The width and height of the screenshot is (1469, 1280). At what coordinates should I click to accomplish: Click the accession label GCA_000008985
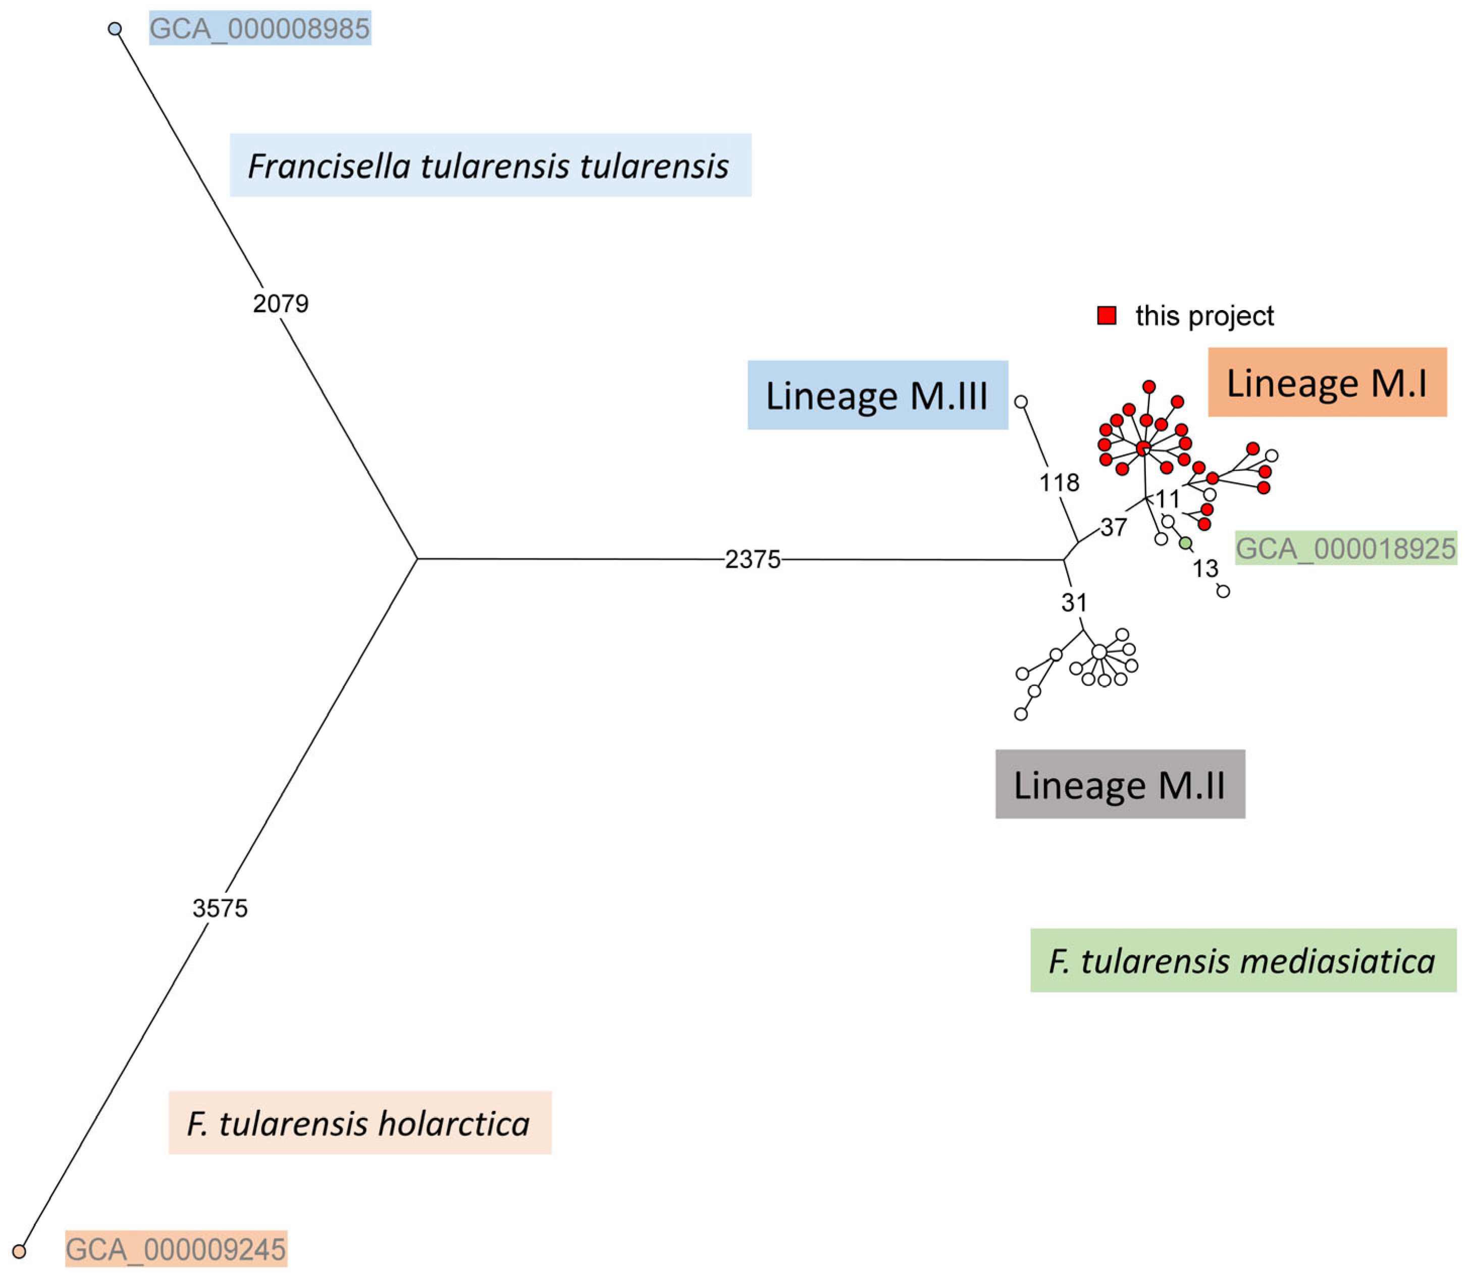coord(260,29)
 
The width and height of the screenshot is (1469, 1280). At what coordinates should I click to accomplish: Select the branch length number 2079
coord(281,303)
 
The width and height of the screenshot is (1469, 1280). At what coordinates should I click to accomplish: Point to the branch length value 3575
coord(220,908)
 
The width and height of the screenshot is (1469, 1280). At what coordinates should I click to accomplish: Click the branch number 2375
coord(753,559)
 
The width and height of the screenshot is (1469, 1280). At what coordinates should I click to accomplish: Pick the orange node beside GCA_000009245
coord(19,1251)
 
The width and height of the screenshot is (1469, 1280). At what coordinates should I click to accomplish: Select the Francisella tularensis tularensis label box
coord(490,166)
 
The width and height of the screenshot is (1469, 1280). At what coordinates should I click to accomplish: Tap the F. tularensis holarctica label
coord(359,1123)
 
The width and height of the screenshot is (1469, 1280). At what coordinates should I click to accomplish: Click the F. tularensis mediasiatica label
coord(1243,961)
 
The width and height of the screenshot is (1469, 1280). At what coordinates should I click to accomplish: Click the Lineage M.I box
coord(1327,383)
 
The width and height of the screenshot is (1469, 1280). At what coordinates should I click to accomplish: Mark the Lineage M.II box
coord(1120,784)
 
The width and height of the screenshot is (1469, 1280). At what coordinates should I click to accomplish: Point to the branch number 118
coord(1059,483)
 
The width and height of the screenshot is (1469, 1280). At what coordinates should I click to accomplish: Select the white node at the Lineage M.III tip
coord(1021,402)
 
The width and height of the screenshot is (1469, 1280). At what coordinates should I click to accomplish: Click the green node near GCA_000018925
coord(1185,544)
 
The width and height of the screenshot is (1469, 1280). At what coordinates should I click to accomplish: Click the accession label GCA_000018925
coord(1345,548)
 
